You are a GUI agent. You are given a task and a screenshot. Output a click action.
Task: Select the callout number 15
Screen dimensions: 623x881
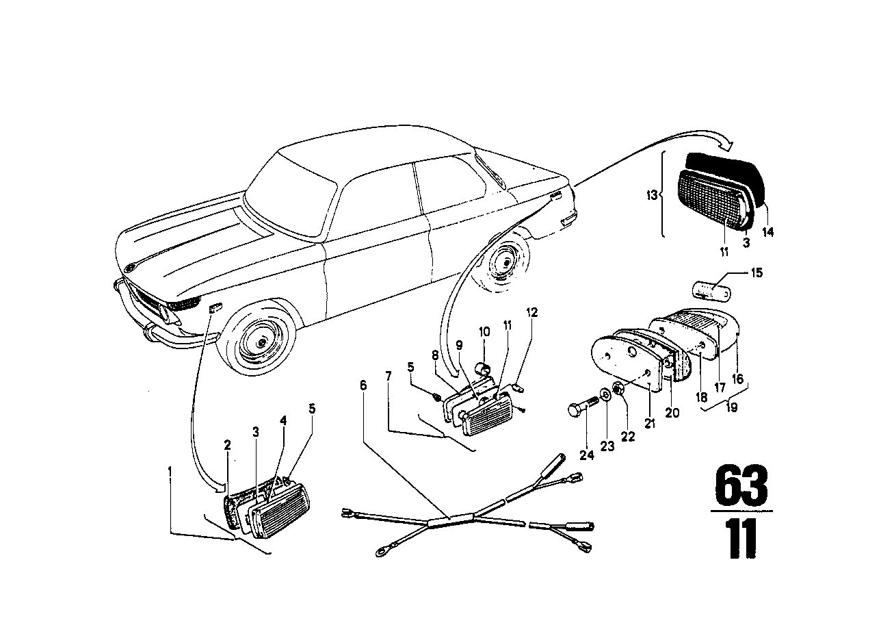click(x=756, y=272)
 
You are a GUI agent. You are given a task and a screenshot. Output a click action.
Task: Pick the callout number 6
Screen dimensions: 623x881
click(x=363, y=385)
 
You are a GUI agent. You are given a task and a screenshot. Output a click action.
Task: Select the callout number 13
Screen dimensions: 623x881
click(x=652, y=195)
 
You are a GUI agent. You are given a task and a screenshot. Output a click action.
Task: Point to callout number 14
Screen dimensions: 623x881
click(x=768, y=231)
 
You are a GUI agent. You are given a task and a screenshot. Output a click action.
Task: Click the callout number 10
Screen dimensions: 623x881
click(x=484, y=331)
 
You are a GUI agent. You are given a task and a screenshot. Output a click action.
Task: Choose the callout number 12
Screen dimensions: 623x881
click(x=531, y=313)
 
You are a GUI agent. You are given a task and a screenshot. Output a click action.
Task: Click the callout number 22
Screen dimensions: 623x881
click(x=627, y=436)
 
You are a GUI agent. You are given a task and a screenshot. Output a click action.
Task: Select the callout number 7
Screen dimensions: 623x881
click(x=389, y=375)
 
